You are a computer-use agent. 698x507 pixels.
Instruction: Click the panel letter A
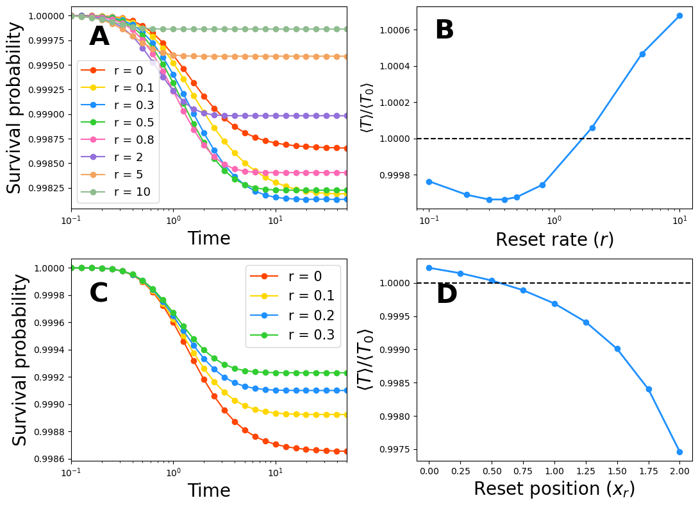coord(99,37)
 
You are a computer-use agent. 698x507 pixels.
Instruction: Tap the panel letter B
coord(444,30)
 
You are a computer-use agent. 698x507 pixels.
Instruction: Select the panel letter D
coord(446,295)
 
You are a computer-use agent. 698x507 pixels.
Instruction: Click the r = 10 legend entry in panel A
coord(119,192)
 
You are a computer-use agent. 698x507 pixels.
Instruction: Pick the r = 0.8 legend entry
coord(119,140)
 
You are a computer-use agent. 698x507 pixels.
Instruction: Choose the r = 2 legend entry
coord(119,157)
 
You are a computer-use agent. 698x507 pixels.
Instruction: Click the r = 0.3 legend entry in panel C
coord(294,334)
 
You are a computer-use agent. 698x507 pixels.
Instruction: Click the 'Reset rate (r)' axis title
coord(554,239)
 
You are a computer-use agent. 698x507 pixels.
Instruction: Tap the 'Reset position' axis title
coord(554,489)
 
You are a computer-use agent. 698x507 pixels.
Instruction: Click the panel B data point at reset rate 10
coord(679,15)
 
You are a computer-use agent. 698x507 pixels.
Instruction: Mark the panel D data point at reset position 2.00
coord(679,452)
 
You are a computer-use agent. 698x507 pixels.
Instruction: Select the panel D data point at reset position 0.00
coord(429,268)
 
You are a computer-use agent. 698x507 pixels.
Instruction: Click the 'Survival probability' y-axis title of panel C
coord(21,359)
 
